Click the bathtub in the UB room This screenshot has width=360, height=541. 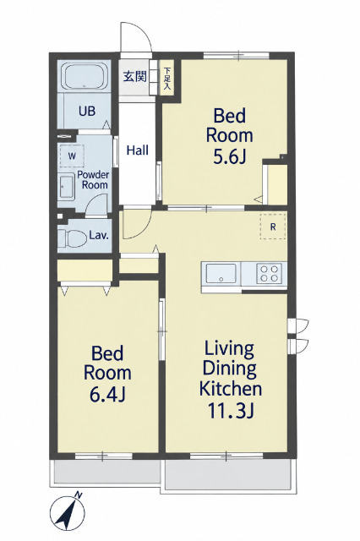pos(85,77)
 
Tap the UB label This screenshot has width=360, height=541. pos(87,111)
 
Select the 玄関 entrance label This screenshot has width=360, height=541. pos(135,76)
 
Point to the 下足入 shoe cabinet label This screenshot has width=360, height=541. pos(167,79)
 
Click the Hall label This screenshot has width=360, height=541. pos(138,150)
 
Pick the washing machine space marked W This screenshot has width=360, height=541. pos(72,156)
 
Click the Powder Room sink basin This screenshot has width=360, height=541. pos(66,188)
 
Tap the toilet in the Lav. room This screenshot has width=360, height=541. pos(72,238)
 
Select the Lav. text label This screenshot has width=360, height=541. pos(99,236)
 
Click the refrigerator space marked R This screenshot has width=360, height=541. pos(273,227)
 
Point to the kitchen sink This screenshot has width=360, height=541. pos(221,273)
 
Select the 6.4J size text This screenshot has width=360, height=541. pos(107,395)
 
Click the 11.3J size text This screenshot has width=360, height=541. pos(231,411)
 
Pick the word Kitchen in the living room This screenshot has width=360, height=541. pos(231,389)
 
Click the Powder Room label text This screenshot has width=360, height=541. pos(93,179)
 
